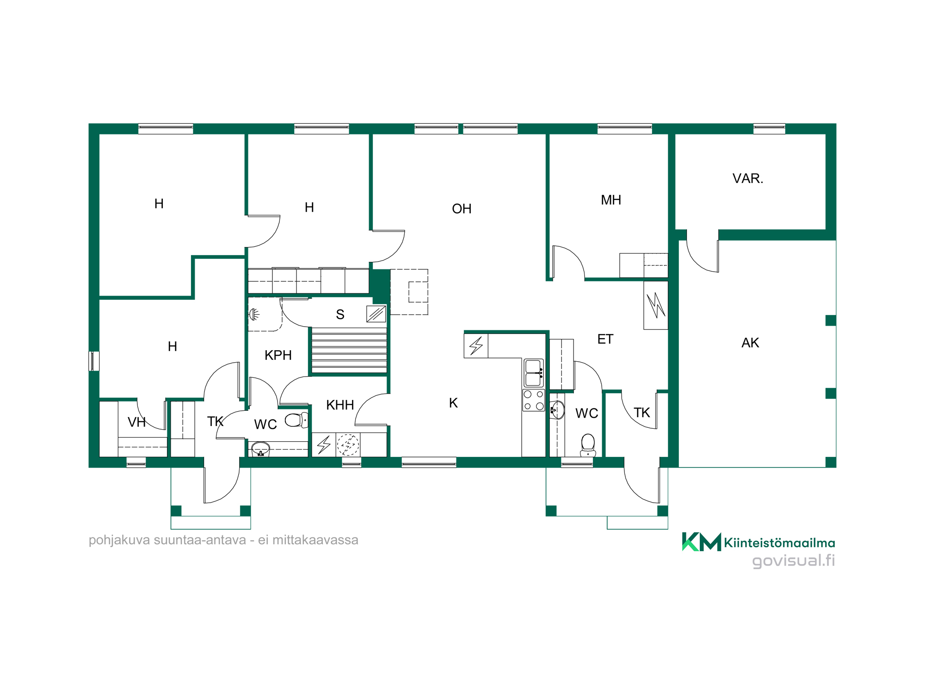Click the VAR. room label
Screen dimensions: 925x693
click(748, 178)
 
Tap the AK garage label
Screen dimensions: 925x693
click(750, 343)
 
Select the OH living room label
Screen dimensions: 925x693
click(462, 209)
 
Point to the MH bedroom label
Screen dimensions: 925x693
click(611, 200)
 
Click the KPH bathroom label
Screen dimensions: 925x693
click(278, 355)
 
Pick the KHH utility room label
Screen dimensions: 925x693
click(340, 405)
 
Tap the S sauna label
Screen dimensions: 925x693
click(340, 315)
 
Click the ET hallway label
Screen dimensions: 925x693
click(605, 339)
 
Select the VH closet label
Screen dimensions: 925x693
click(136, 422)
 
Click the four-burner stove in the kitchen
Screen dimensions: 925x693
click(534, 401)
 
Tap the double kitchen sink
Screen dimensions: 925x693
click(534, 373)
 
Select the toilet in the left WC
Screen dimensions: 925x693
click(296, 420)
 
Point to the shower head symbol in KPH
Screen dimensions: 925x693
click(254, 315)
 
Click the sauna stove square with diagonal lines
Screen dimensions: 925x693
click(376, 314)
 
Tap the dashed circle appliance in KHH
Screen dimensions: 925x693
click(348, 445)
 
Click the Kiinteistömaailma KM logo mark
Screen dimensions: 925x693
click(702, 542)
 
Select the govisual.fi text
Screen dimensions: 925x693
click(794, 561)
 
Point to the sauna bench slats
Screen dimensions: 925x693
click(349, 350)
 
